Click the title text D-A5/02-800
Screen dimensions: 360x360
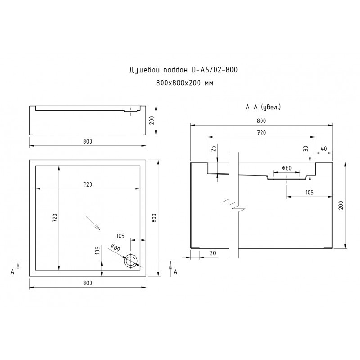coord(215,70)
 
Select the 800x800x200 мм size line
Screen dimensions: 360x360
coord(185,83)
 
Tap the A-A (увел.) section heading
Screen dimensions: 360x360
coord(263,107)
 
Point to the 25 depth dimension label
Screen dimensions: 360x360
coord(213,148)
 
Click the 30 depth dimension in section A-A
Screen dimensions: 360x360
coord(306,148)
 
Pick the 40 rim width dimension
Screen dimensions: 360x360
coord(324,149)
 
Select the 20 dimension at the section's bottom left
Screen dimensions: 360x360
coord(213,253)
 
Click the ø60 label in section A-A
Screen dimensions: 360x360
coord(287,168)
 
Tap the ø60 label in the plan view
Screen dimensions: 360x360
coord(115,248)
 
